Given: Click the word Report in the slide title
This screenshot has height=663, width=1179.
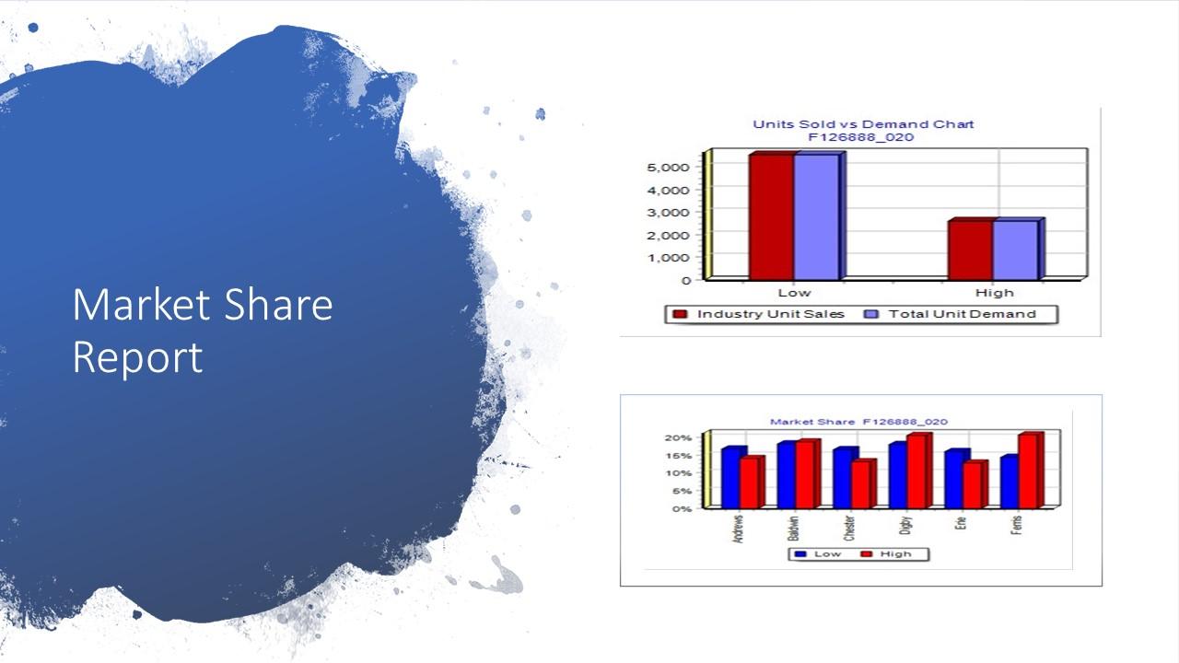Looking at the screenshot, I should [x=137, y=357].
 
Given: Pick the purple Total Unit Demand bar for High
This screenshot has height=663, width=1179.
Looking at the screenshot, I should [x=1015, y=250].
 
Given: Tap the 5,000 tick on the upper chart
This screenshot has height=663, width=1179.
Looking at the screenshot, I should [x=668, y=167].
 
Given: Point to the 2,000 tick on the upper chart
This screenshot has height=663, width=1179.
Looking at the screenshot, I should [x=668, y=235].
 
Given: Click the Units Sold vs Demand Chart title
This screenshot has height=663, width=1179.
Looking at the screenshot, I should [x=863, y=124].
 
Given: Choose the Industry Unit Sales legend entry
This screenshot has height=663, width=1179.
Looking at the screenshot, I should [x=759, y=314].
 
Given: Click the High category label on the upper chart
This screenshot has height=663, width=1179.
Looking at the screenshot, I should [x=994, y=293].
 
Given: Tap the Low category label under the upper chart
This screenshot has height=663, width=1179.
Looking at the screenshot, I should [x=794, y=293].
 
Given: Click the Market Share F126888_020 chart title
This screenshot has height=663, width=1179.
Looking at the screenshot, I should [x=858, y=422].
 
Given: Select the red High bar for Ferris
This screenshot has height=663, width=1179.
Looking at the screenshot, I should [x=1028, y=471].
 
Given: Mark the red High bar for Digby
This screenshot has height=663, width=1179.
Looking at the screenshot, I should [x=916, y=471].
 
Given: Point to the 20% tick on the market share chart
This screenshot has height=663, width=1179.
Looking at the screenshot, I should [x=679, y=437].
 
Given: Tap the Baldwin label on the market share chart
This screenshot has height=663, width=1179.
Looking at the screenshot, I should [x=794, y=528].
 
